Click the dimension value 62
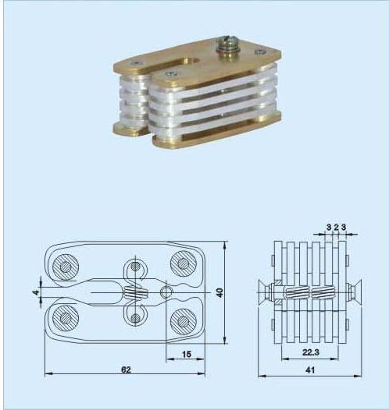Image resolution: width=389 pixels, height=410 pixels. coord(126,369)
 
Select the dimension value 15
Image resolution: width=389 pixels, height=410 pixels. coord(187,355)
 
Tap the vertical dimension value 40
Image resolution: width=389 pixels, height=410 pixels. coord(220,292)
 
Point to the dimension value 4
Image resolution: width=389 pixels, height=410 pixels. coord(37,292)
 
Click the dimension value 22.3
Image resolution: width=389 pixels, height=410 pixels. coord(311,352)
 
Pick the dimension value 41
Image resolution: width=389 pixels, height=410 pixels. coord(310,370)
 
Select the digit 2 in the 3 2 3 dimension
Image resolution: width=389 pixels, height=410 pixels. coord(336,228)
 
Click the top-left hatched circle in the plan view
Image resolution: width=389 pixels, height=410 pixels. coord(66,267)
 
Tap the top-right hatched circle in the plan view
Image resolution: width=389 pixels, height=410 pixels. coord(184,263)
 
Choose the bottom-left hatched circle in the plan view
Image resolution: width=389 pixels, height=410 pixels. coord(66,318)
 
